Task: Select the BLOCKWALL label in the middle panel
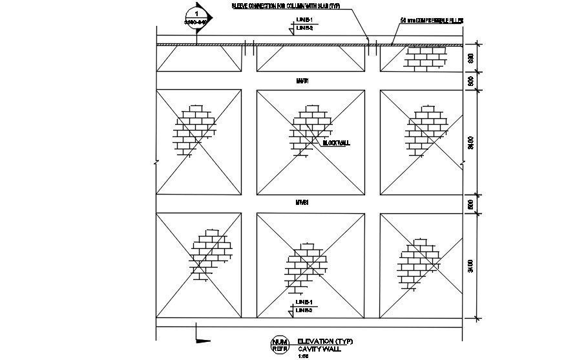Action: click(336, 143)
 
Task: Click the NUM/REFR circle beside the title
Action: click(279, 345)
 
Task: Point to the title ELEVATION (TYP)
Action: click(325, 341)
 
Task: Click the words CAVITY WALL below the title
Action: click(318, 348)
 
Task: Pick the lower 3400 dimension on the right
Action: click(470, 266)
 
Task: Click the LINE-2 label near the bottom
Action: click(304, 311)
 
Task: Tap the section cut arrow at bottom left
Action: click(202, 337)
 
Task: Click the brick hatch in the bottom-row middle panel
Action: click(307, 266)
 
